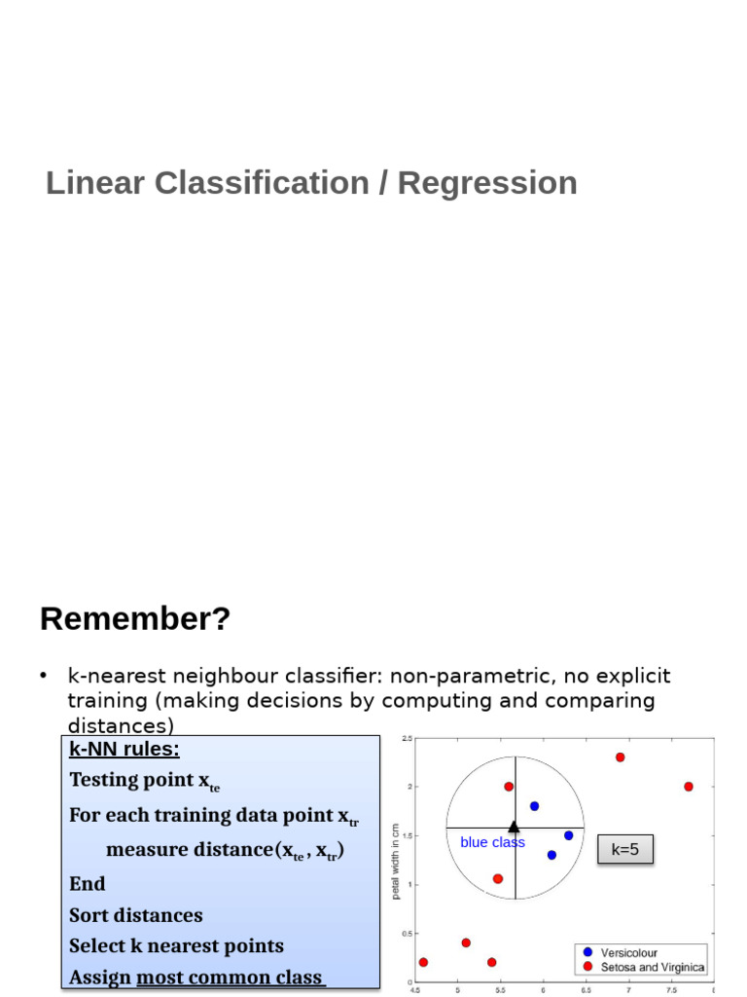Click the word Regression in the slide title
[x=487, y=183]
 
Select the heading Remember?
[x=135, y=618]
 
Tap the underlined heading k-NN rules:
[x=124, y=749]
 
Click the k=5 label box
[x=624, y=849]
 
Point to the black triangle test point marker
[x=515, y=828]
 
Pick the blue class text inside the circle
[x=492, y=842]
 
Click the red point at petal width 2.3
[x=620, y=757]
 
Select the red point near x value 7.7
[x=689, y=787]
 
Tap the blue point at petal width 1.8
[x=534, y=806]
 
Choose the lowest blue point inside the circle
[x=551, y=855]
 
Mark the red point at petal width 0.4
[x=466, y=942]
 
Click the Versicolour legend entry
[x=628, y=952]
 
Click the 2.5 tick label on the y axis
[x=407, y=739]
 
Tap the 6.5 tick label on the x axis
[x=586, y=989]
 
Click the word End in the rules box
[x=88, y=883]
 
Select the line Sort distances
[x=136, y=915]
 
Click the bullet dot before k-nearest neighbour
[x=44, y=676]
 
